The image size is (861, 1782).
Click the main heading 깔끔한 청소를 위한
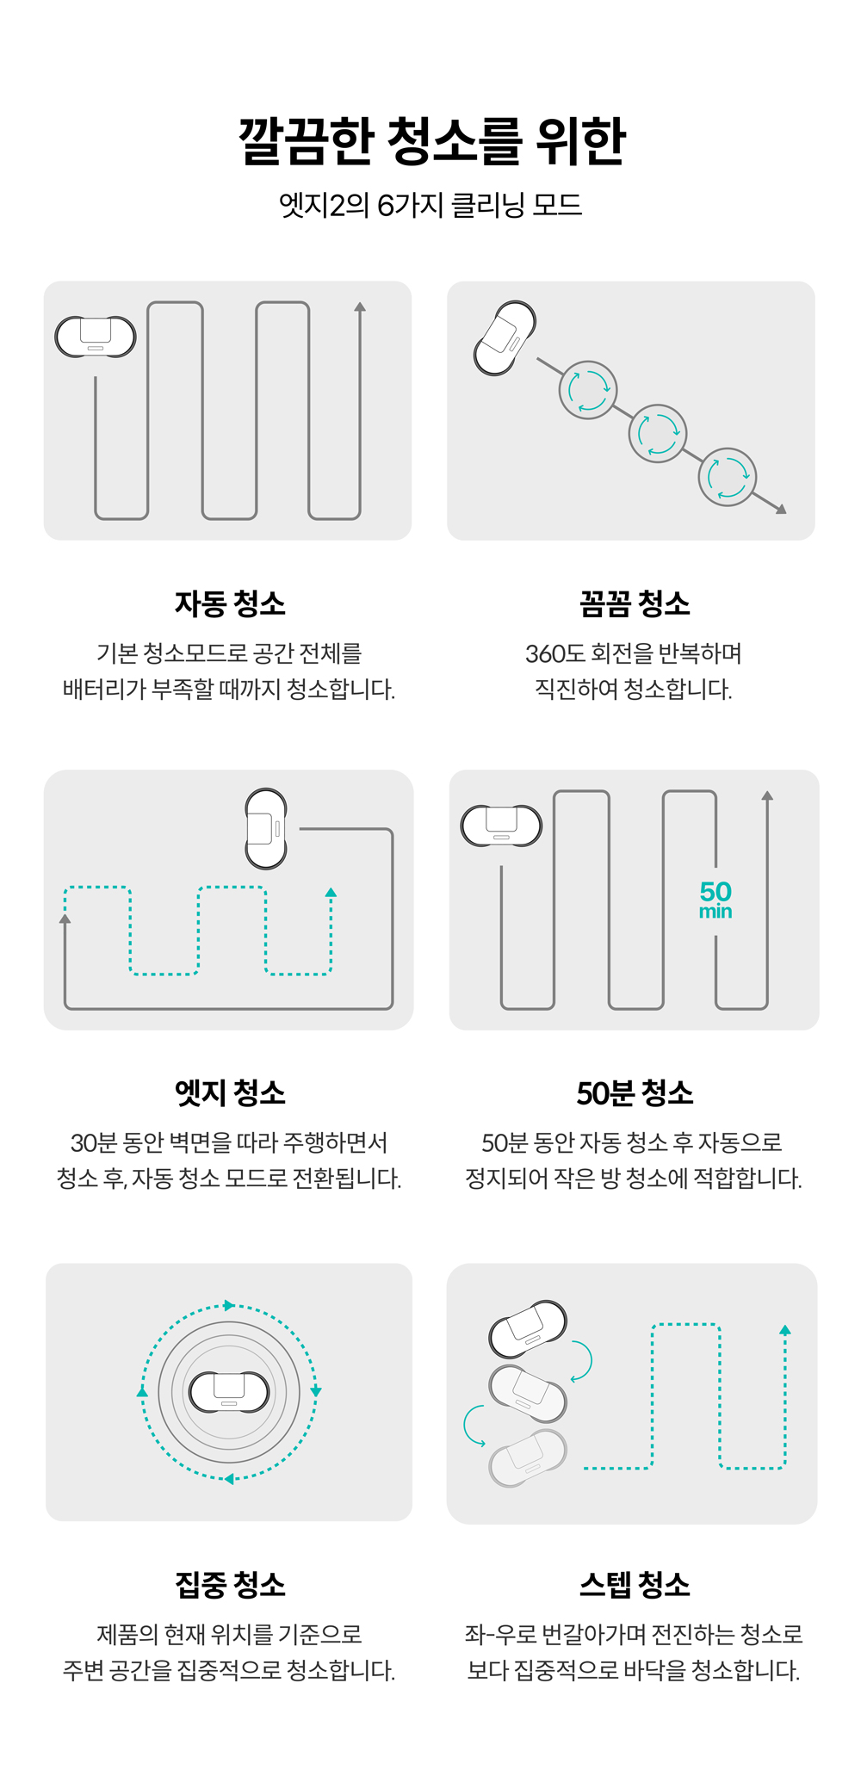point(432,140)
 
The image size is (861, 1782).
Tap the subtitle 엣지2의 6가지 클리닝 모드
point(430,205)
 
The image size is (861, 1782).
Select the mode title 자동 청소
point(230,603)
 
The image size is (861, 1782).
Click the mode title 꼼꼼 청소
point(635,603)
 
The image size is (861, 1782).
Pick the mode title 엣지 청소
point(230,1092)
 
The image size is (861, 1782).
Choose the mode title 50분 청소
point(635,1092)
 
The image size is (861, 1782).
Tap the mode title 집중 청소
point(230,1584)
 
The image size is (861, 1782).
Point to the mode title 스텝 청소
point(635,1584)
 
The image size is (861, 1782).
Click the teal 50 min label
point(715,900)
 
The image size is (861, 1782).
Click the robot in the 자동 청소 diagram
point(96,337)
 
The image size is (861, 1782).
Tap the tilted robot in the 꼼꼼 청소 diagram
point(505,337)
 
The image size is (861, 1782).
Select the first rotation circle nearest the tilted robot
point(588,390)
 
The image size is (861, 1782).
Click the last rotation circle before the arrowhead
point(728,477)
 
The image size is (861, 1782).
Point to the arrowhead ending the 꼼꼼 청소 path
point(781,509)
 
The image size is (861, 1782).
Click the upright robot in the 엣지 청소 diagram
point(266,828)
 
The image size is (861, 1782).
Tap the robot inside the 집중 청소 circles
point(229,1392)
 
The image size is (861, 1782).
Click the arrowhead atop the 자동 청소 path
point(360,306)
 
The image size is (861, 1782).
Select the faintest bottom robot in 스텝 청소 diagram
point(528,1457)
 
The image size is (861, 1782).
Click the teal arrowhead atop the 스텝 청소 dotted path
point(784,1330)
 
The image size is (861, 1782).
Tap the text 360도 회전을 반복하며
point(634,653)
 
